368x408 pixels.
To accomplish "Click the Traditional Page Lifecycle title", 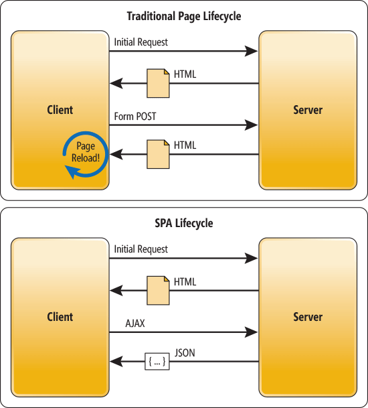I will click(x=184, y=16).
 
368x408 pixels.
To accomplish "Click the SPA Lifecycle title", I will click(x=184, y=223).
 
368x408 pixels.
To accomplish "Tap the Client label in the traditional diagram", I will click(x=60, y=110).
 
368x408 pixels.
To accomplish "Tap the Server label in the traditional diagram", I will click(x=308, y=110).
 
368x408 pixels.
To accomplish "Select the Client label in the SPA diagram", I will click(x=60, y=317).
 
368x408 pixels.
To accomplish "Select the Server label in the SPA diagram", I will click(x=308, y=317).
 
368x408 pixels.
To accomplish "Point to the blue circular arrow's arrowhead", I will click(x=70, y=173).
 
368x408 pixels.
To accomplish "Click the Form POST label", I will click(x=136, y=117).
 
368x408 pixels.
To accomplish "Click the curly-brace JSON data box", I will click(x=156, y=362).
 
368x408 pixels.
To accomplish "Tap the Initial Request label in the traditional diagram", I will click(x=141, y=42).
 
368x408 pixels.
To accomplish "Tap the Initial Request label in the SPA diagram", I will click(x=141, y=249).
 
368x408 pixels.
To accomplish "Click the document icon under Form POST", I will click(x=159, y=154).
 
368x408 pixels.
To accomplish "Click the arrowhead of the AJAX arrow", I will click(x=252, y=332).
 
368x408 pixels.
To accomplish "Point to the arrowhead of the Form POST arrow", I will click(x=252, y=125).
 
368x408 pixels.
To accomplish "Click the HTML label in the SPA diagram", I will click(x=185, y=282).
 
